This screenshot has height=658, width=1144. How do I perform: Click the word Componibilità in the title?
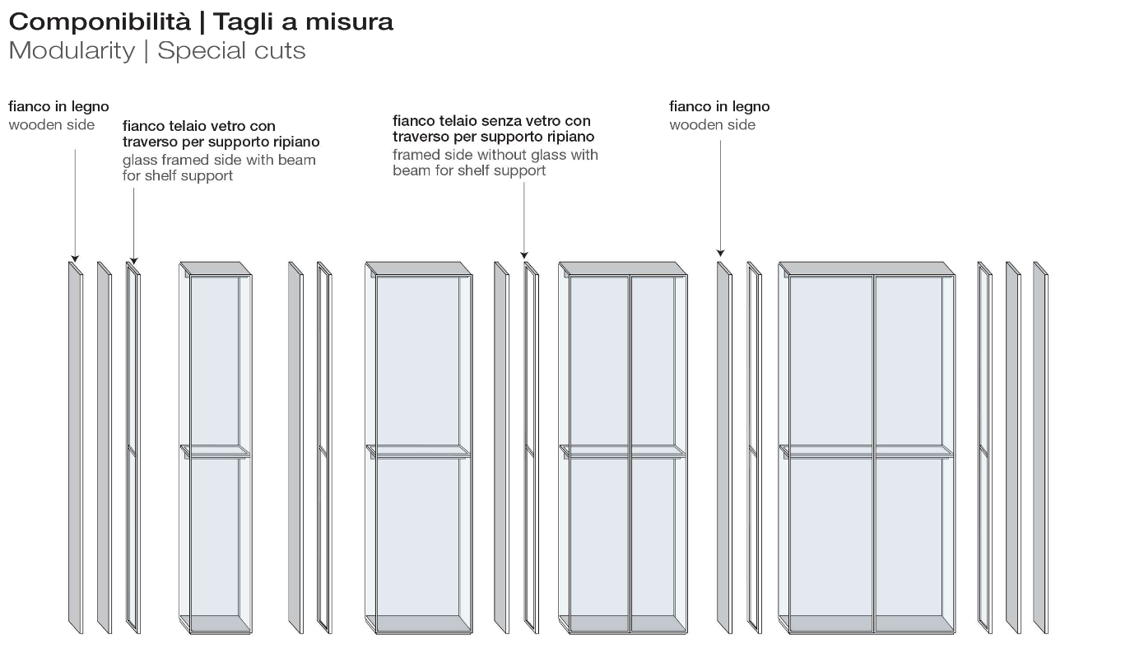point(100,22)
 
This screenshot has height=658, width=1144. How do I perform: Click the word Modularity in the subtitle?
point(72,51)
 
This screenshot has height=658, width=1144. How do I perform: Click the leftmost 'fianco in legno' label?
point(58,107)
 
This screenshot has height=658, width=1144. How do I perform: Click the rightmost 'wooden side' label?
point(713,125)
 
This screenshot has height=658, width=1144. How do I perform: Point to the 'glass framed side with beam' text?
point(219,160)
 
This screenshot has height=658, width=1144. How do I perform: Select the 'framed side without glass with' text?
point(495,155)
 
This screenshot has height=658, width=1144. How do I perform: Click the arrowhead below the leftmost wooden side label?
point(75,259)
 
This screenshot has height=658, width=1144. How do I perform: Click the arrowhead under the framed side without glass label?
point(524,255)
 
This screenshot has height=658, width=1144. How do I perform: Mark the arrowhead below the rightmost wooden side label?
point(721,253)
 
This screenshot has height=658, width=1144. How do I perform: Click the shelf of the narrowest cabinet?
point(215,451)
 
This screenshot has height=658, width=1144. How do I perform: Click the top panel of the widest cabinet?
point(867,268)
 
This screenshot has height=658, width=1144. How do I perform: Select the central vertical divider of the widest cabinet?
point(874,454)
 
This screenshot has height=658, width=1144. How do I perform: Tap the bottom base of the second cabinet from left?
point(419,623)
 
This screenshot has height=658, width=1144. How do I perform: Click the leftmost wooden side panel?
point(76,448)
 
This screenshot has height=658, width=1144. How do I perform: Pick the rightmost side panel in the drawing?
point(1040,448)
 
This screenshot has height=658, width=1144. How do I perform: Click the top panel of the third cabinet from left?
point(623,268)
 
